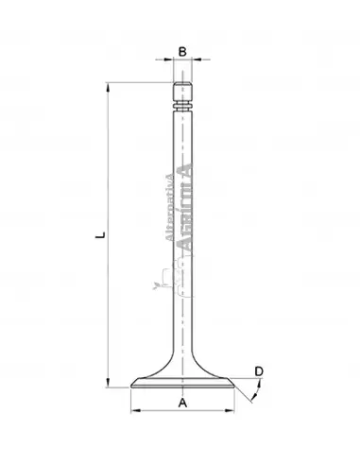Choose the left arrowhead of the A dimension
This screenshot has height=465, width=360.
click(x=133, y=412)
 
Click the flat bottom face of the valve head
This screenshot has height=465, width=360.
click(x=182, y=387)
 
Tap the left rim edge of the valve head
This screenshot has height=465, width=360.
click(x=132, y=383)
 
